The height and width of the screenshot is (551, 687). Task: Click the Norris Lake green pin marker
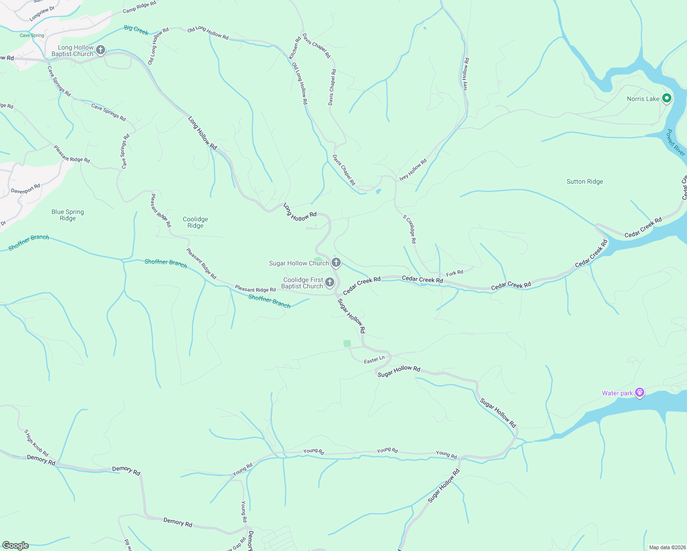[667, 98]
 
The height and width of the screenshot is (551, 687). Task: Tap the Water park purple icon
[640, 393]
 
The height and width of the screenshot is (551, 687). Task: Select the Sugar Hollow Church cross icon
[336, 263]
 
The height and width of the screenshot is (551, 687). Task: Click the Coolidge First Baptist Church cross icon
[329, 282]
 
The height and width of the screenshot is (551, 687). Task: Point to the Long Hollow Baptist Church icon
[101, 50]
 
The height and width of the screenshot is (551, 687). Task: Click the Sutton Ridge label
[585, 182]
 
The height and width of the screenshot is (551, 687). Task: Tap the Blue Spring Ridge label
[68, 215]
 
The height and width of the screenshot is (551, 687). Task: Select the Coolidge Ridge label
[195, 222]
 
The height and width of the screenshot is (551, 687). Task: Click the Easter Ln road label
[374, 360]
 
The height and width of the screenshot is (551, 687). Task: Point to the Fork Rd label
[455, 273]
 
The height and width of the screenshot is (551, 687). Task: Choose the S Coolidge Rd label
[410, 229]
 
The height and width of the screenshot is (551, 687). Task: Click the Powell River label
[676, 142]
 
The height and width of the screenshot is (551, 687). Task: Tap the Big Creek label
[136, 30]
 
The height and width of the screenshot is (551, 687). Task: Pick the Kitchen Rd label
[294, 48]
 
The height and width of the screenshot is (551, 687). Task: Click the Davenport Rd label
[26, 189]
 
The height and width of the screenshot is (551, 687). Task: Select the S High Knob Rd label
[36, 443]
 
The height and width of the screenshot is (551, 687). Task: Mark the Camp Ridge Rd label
[140, 7]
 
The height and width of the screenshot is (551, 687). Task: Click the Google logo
[15, 545]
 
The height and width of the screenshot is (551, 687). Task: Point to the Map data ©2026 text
[666, 547]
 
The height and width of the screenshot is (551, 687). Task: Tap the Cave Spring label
[32, 35]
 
